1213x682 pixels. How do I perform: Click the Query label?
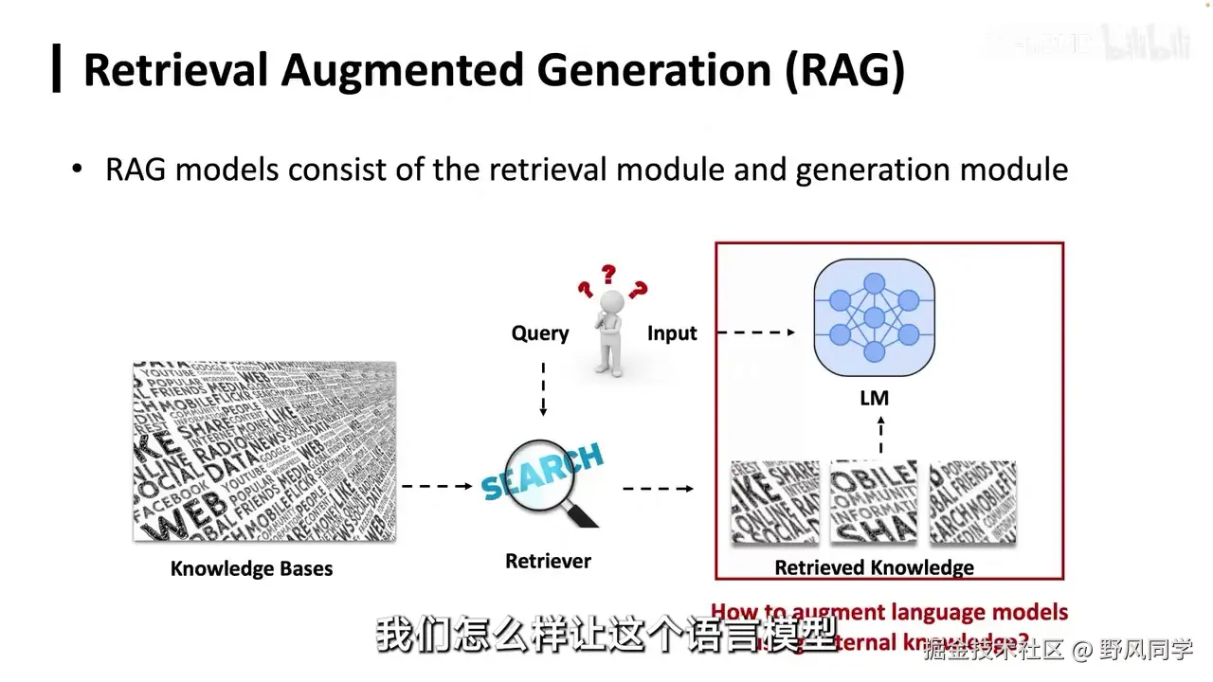540,333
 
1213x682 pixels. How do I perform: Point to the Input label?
672,333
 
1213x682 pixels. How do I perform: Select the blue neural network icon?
874,317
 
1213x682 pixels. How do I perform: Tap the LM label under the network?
874,398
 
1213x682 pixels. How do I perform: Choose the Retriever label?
548,562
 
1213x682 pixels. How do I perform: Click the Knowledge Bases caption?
251,569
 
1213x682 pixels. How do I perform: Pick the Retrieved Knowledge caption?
874,568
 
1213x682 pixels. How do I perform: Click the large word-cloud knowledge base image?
264,451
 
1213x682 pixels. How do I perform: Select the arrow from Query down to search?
543,388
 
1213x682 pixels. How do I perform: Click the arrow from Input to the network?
755,332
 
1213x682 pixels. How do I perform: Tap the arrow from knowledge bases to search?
437,487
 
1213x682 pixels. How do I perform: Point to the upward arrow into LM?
880,435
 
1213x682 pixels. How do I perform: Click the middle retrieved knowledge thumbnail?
873,502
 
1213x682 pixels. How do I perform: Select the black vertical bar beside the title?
57,68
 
